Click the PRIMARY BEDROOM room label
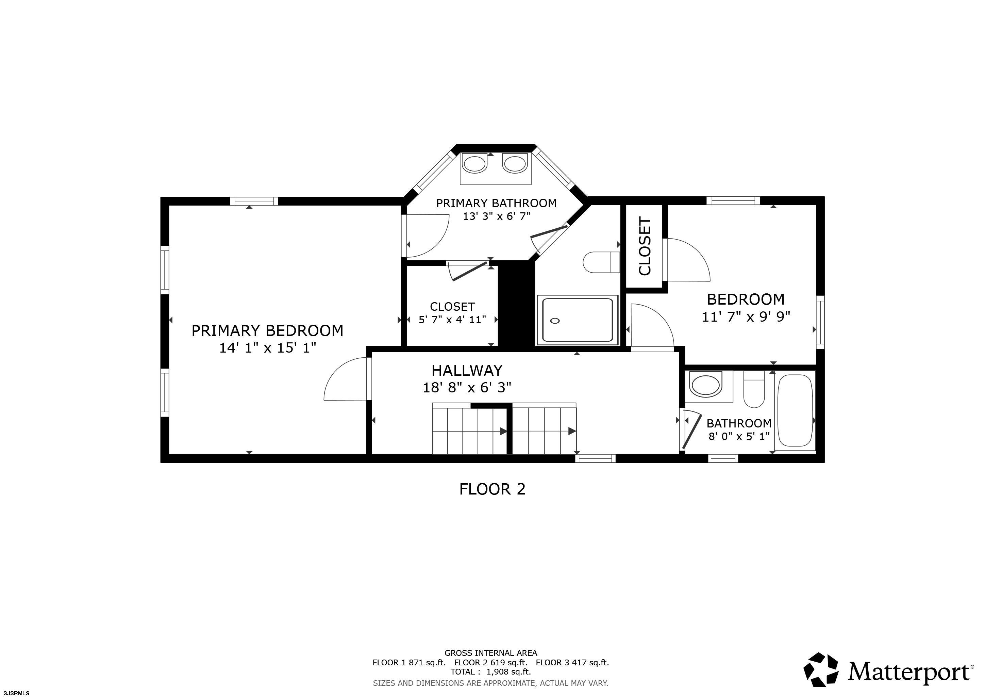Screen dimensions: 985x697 click(x=267, y=330)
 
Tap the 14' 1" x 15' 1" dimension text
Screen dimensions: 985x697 click(x=268, y=347)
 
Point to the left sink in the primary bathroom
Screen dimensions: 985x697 click(x=475, y=164)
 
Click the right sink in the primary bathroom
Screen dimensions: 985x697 click(x=514, y=164)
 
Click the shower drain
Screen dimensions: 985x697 click(x=555, y=321)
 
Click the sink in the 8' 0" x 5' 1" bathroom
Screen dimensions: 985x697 click(x=706, y=385)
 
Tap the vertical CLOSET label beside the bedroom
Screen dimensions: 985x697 click(x=645, y=246)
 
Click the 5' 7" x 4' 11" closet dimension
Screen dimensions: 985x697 click(x=452, y=320)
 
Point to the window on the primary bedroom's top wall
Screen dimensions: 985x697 click(x=254, y=201)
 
